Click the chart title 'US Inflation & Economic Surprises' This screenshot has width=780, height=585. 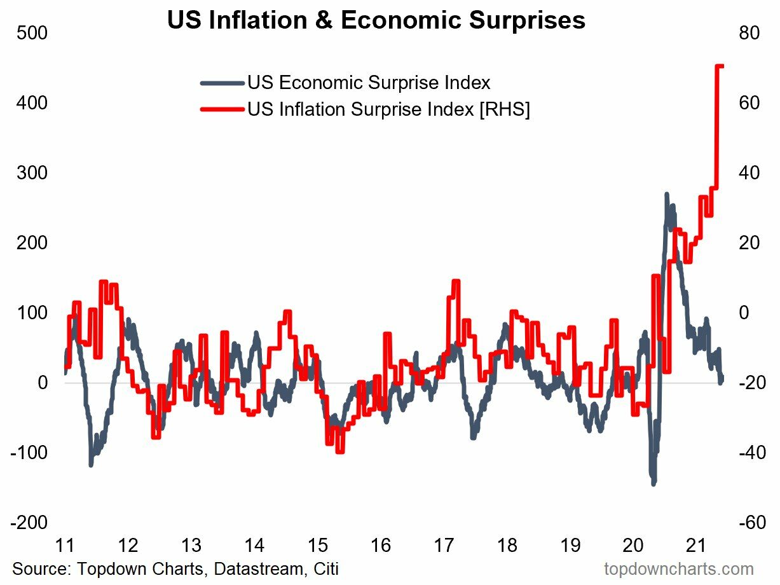(376, 20)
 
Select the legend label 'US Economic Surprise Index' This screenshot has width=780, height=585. (369, 83)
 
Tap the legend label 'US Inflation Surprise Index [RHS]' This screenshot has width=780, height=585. (389, 109)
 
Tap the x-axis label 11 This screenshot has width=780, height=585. (65, 546)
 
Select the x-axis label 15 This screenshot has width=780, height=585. (318, 546)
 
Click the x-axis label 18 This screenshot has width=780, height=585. (507, 546)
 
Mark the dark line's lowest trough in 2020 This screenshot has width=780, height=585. (653, 483)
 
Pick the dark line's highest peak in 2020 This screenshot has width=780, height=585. (666, 195)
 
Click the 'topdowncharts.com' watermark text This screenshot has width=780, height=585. (679, 568)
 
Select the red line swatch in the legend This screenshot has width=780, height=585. (222, 109)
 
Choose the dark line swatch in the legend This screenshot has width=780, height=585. (222, 83)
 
